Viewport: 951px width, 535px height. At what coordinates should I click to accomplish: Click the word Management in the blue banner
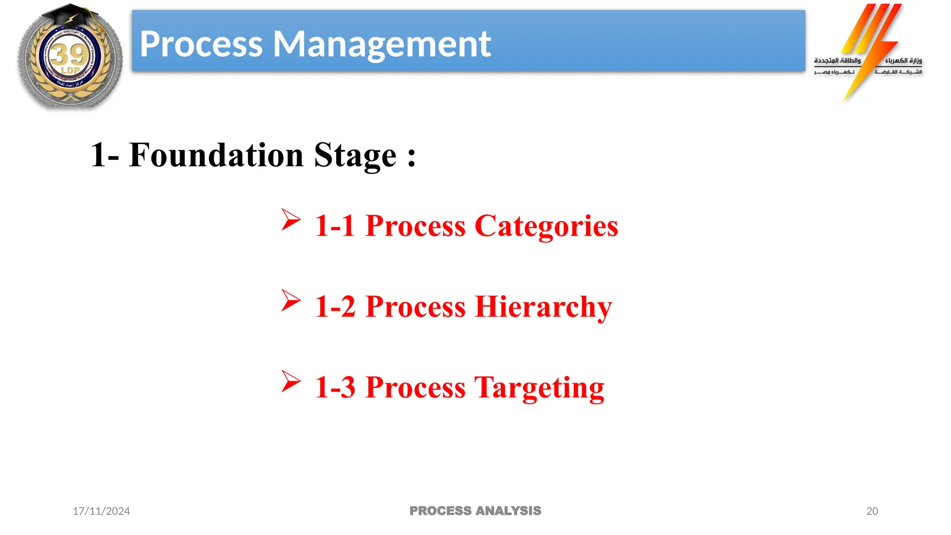[382, 45]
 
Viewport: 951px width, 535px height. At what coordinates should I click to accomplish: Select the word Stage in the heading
[355, 155]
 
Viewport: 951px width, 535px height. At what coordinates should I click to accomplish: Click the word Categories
[546, 227]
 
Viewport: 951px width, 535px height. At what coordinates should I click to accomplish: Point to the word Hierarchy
[543, 307]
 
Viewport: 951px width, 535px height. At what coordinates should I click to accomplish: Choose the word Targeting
[539, 388]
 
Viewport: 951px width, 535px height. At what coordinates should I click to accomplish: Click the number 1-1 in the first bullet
[335, 226]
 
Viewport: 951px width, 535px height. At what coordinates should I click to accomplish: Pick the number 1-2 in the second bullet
[335, 307]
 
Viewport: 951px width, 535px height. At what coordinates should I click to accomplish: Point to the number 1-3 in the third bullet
[335, 387]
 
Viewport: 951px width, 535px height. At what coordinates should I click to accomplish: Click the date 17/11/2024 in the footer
[101, 511]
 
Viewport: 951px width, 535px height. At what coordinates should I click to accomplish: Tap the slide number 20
[872, 511]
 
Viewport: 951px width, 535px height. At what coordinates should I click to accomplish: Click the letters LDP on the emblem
[71, 71]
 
